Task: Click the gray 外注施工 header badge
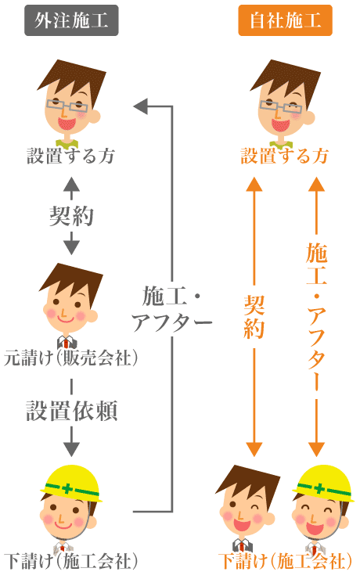tap(71, 20)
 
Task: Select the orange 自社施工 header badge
tap(285, 20)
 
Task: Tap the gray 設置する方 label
tap(71, 156)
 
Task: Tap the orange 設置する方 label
tap(285, 156)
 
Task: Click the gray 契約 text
tap(72, 216)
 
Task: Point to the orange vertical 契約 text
tap(254, 317)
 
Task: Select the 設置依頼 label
tap(72, 411)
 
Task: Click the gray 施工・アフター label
tap(172, 309)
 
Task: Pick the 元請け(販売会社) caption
tap(71, 358)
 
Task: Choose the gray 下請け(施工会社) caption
tap(71, 561)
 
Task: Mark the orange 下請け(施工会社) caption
tap(285, 561)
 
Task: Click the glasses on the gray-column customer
tap(67, 106)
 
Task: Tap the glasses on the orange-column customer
tap(281, 106)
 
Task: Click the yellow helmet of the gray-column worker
tap(71, 484)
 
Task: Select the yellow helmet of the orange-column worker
tap(322, 484)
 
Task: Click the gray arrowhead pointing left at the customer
tap(140, 106)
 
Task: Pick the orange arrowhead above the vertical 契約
tap(254, 184)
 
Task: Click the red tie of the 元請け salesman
tap(66, 343)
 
